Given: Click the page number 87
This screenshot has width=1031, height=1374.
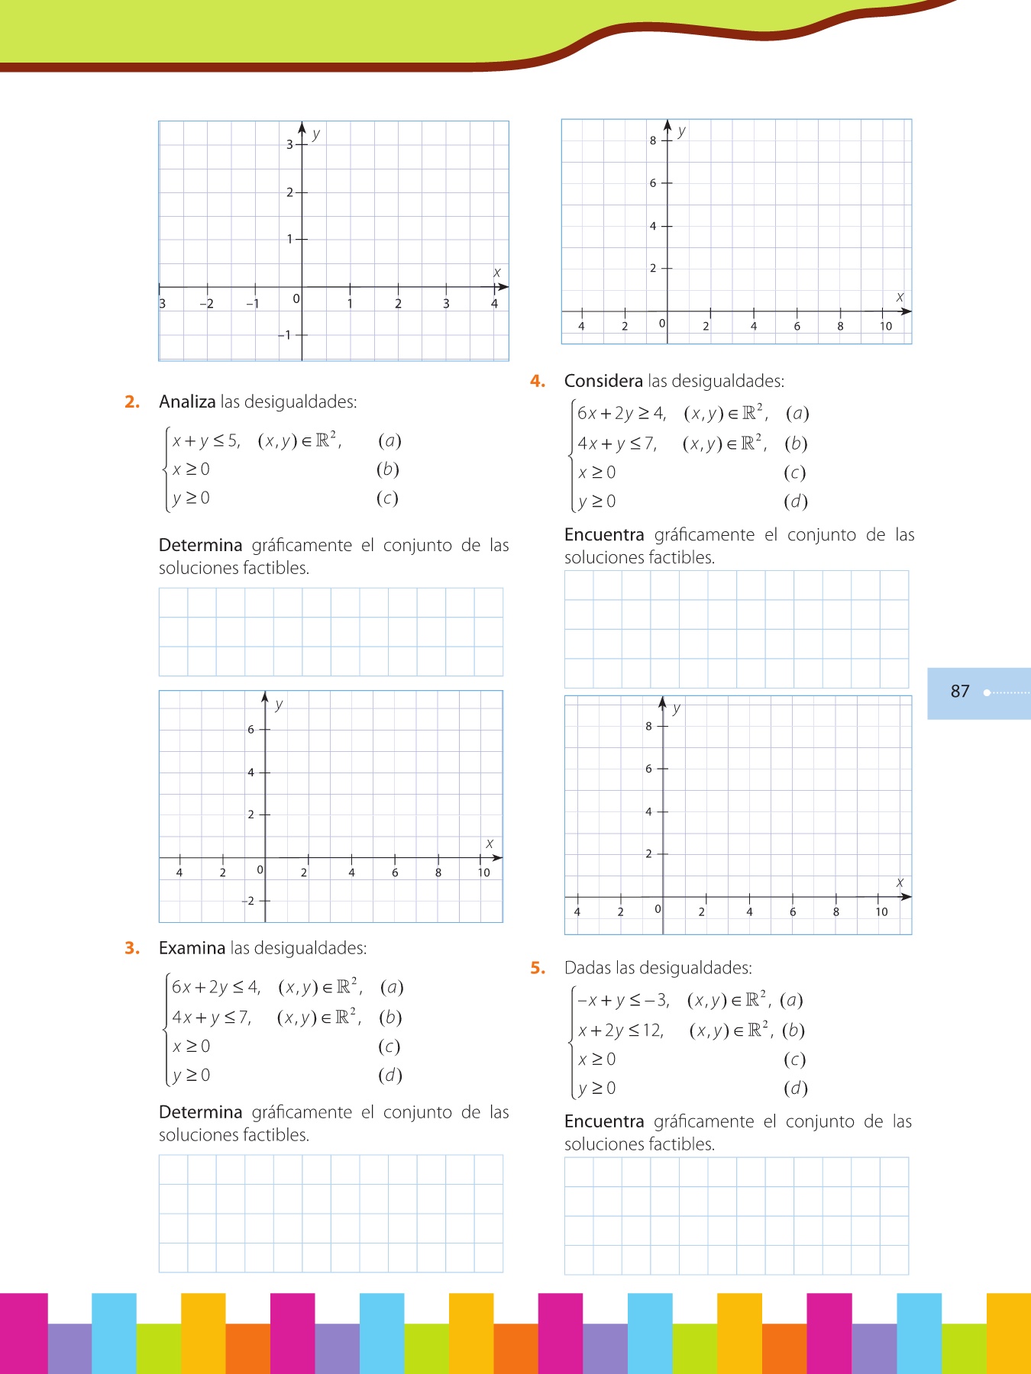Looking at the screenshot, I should point(960,692).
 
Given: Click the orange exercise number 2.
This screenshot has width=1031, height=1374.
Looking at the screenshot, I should point(132,402).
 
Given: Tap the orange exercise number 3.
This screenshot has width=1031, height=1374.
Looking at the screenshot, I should point(132,948).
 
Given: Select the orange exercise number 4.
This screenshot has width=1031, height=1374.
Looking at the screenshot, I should point(538,382).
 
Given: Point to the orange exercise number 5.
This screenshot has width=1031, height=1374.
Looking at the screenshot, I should point(538,968).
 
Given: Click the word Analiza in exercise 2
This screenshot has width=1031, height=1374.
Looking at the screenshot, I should point(187,402).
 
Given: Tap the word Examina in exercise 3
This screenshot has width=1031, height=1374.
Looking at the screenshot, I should point(192,948).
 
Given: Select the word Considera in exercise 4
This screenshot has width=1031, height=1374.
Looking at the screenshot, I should point(603,382).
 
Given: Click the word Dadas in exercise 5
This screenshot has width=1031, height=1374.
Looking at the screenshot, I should point(588,968).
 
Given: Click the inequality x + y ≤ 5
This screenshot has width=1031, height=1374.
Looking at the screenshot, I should point(205,441).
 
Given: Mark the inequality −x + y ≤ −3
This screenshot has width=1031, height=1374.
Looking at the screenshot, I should point(623,1000).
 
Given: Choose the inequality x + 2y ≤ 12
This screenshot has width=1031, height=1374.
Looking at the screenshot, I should point(621,1030).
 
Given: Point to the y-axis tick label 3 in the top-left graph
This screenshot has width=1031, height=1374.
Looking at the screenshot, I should point(289,144).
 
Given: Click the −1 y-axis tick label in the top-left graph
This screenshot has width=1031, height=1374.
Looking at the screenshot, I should point(285,335).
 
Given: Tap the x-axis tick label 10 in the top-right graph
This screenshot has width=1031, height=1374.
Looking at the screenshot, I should point(886,327).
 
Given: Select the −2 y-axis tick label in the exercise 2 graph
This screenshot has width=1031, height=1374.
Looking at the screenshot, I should point(248,901).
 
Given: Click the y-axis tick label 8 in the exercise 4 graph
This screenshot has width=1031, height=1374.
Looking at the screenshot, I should point(648,727).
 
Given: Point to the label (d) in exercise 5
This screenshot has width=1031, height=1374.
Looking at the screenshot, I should point(796,1089).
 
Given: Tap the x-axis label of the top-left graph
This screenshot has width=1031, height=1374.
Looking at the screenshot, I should point(496,273).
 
